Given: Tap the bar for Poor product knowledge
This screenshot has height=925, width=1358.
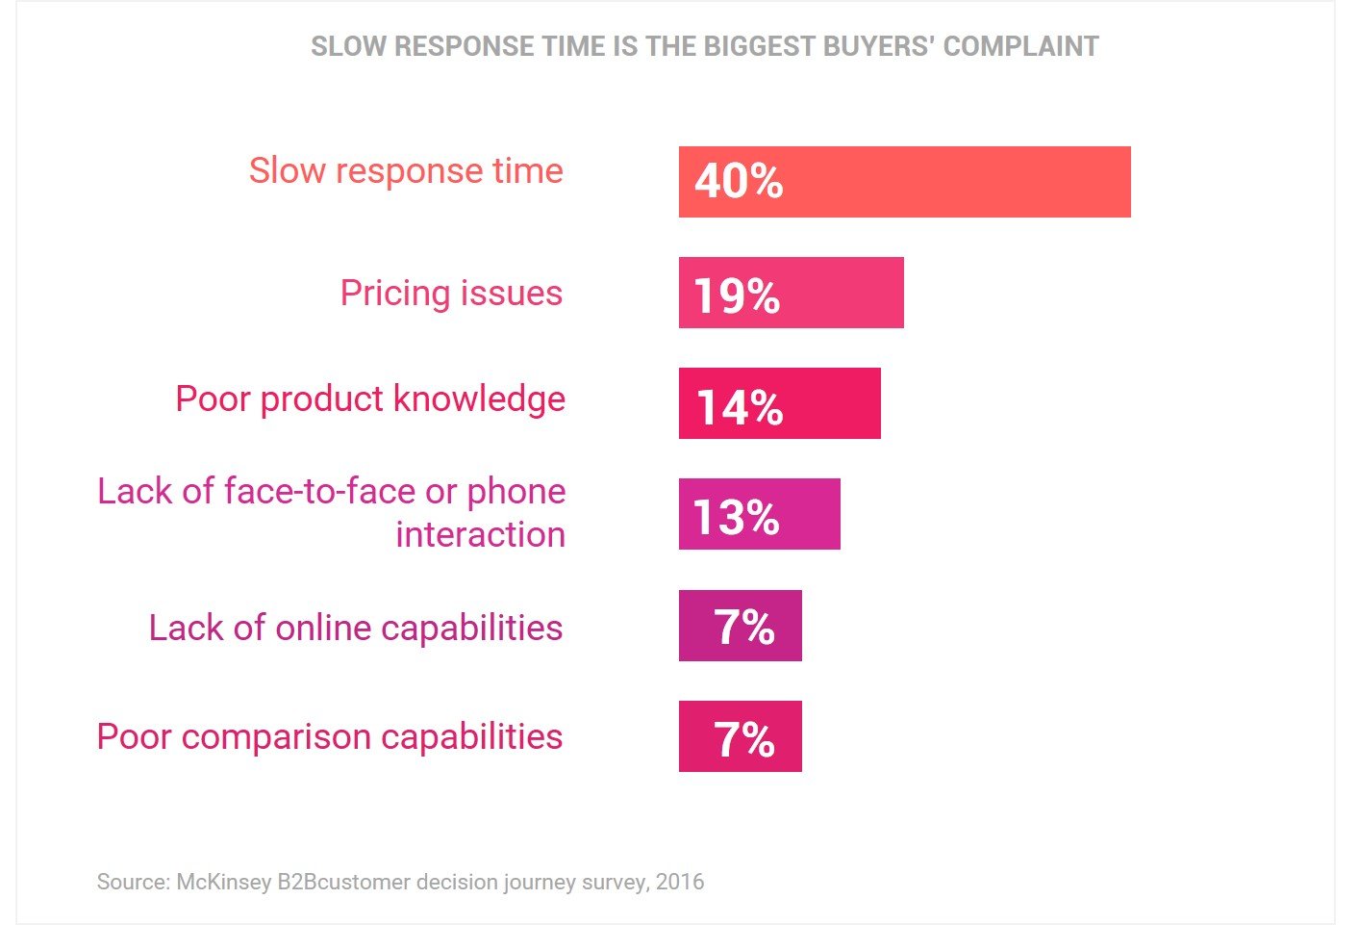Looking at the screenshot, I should pyautogui.click(x=827, y=403).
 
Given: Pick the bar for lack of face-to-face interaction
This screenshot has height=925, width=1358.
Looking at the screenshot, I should pyautogui.click(x=808, y=514).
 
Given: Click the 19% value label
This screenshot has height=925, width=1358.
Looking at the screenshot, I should pyautogui.click(x=737, y=295).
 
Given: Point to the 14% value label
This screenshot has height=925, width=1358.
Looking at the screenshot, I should pyautogui.click(x=739, y=406).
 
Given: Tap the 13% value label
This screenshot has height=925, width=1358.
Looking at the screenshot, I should pyautogui.click(x=736, y=517).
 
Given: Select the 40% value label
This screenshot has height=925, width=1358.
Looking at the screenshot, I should pyautogui.click(x=739, y=181).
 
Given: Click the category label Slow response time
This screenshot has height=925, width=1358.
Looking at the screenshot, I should pyautogui.click(x=406, y=170).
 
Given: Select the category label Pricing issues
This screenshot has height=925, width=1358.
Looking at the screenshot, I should pyautogui.click(x=451, y=293).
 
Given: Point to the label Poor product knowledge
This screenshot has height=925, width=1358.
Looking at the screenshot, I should pyautogui.click(x=370, y=398).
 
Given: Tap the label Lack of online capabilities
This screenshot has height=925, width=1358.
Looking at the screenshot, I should pyautogui.click(x=356, y=628).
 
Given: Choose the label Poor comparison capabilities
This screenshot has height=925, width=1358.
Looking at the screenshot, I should pyautogui.click(x=330, y=736).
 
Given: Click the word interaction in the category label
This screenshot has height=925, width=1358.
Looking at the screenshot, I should pyautogui.click(x=480, y=534).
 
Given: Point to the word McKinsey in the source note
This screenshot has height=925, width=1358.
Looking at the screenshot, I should pyautogui.click(x=223, y=882).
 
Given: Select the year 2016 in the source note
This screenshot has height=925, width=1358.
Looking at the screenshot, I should pyautogui.click(x=680, y=882).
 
